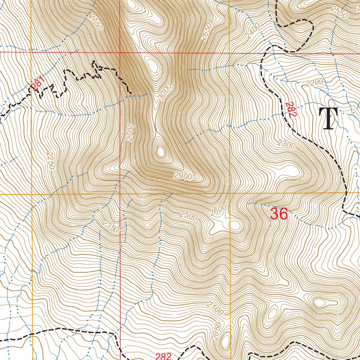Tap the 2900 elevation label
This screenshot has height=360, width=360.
(x=182, y=176)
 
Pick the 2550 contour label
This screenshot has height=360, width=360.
(x=340, y=12)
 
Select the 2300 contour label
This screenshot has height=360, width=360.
(x=286, y=144)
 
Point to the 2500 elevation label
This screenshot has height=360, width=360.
(x=188, y=216)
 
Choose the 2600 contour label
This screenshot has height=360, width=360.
(x=218, y=210)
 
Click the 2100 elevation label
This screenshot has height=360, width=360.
(x=215, y=308)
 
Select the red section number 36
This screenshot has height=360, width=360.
(x=279, y=214)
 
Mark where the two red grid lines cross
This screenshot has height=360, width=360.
(x=120, y=52)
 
